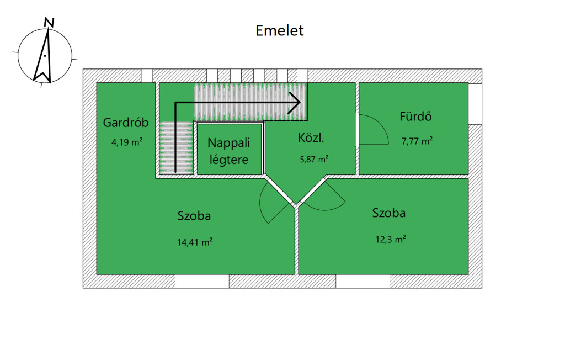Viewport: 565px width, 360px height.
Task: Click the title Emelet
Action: click(x=279, y=30)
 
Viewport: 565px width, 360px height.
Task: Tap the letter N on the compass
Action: click(x=50, y=22)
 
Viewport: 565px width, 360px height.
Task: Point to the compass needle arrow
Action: click(x=44, y=55)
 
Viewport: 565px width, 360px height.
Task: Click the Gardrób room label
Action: click(x=126, y=123)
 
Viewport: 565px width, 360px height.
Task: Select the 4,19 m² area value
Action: click(x=127, y=142)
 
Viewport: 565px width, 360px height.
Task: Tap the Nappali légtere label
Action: click(x=228, y=151)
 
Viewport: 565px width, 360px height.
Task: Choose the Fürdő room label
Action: click(x=415, y=117)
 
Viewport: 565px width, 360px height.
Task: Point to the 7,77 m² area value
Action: click(x=417, y=140)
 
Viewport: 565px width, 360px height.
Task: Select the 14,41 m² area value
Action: click(x=195, y=241)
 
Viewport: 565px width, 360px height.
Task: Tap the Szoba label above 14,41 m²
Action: click(x=194, y=215)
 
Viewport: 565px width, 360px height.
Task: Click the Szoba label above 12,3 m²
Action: click(x=388, y=213)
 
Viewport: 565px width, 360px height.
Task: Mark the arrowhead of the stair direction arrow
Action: click(x=295, y=102)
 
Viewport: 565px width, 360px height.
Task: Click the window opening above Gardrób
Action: click(x=147, y=75)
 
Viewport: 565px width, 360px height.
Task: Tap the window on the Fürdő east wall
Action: click(x=476, y=104)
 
